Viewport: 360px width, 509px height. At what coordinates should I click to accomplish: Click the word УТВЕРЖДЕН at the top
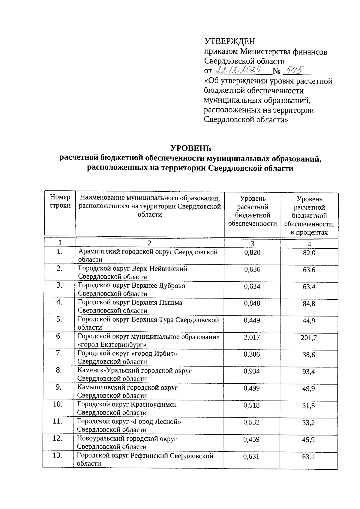click(229, 41)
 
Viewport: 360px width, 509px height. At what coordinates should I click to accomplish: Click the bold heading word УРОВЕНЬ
click(190, 148)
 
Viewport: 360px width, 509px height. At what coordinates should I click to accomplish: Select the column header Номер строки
click(60, 201)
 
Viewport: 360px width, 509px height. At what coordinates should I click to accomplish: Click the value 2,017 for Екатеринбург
click(252, 337)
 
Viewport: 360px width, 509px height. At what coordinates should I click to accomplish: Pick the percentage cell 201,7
click(309, 338)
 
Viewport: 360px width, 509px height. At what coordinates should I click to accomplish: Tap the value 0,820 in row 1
click(252, 253)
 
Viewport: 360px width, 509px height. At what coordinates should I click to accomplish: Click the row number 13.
click(57, 456)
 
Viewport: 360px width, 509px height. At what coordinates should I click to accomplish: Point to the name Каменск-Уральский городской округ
click(134, 371)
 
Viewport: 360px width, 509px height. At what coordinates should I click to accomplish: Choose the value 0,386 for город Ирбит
click(252, 355)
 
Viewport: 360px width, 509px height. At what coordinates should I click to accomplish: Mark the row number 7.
click(59, 353)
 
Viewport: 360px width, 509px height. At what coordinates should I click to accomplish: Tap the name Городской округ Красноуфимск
click(127, 405)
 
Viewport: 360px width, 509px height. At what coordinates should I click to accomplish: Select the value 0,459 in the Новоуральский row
click(251, 439)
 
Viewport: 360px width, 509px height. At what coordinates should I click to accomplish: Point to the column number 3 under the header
click(253, 244)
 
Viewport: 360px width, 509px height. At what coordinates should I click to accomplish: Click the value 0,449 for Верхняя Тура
click(252, 320)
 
